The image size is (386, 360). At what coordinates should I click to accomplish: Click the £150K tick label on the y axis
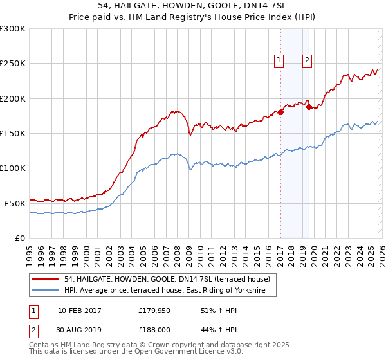point(13,133)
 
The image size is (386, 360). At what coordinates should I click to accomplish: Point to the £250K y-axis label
point(13,64)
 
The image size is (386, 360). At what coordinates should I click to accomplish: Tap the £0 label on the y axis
point(19,238)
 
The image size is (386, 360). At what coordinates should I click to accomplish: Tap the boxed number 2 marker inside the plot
point(308,60)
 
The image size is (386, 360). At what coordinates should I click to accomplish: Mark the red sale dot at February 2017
point(280,113)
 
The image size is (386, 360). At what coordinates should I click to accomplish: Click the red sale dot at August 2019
point(309,107)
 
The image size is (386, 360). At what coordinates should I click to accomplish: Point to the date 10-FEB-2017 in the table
point(79,310)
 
